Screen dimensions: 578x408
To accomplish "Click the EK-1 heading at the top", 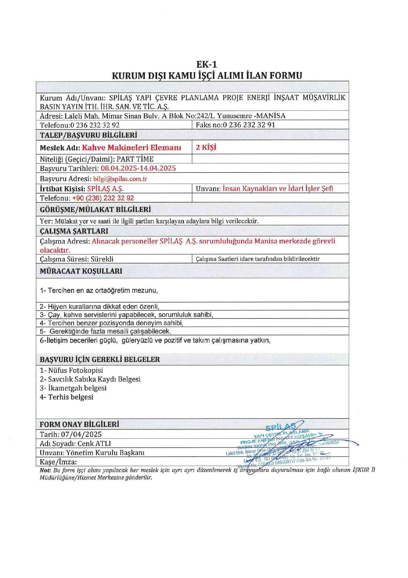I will click(207, 64).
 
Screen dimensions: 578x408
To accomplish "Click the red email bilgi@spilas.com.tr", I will click(120, 179).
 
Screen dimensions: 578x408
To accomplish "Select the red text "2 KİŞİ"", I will click(206, 147).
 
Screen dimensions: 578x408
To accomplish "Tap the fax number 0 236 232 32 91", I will click(249, 125).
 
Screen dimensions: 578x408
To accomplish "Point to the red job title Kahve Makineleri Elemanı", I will click(131, 148).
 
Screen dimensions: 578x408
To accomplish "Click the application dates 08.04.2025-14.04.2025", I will click(138, 168).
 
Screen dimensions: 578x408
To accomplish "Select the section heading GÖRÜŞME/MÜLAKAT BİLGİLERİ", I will click(95, 210).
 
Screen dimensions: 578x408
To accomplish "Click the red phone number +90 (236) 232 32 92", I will click(103, 198).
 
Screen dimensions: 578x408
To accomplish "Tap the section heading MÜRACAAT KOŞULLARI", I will click(81, 271).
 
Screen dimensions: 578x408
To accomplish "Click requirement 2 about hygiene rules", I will click(99, 306).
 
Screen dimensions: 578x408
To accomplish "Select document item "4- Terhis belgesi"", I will click(66, 397).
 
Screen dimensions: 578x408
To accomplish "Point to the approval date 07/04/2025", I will click(81, 434).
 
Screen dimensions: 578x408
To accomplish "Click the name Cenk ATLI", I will click(94, 443).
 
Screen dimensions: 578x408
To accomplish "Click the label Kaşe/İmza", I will click(58, 462).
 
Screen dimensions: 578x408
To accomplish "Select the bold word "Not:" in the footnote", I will click(45, 470).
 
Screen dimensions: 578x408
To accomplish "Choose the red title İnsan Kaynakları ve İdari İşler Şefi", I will click(278, 189).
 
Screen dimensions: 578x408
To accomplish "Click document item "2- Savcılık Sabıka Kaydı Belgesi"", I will click(90, 379).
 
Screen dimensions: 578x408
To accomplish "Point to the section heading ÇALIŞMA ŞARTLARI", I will click(74, 231).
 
